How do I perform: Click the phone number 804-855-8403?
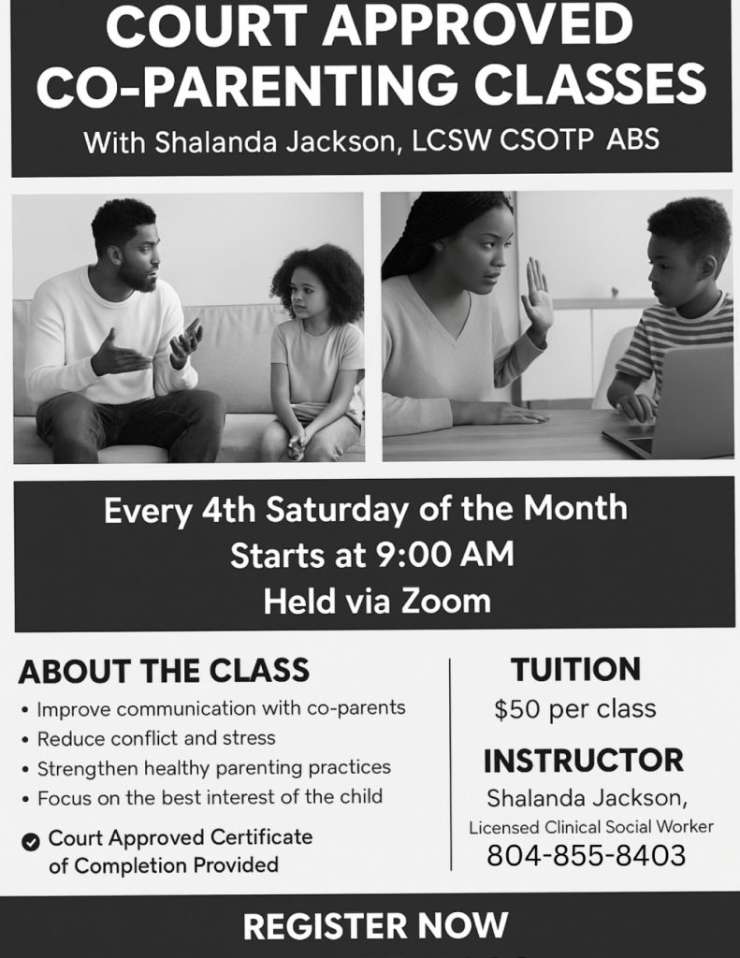point(586,855)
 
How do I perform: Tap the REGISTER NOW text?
point(375,925)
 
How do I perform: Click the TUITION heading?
point(575,669)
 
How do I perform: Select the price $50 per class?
point(575,709)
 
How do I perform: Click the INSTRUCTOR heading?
point(584,761)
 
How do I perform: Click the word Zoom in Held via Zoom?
point(446,602)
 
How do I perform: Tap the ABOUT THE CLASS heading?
point(164,671)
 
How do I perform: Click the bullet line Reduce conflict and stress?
point(156,738)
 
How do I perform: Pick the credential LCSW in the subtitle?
point(451,140)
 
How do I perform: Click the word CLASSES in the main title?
point(589,84)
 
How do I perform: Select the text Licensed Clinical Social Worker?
point(591,827)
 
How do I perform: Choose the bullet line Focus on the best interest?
point(210,797)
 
